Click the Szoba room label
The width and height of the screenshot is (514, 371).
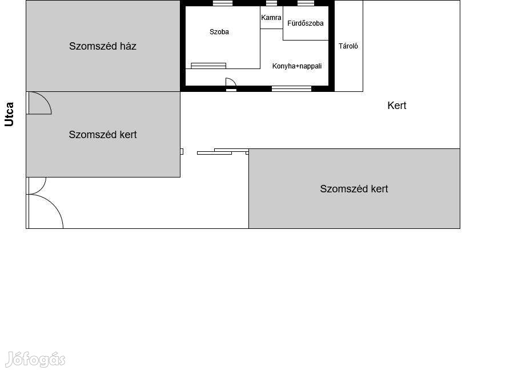[219, 32]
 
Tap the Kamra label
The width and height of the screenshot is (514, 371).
[271, 18]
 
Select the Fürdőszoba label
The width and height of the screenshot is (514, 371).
[305, 23]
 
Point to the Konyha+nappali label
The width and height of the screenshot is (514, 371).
[296, 66]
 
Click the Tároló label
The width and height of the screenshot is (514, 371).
[348, 46]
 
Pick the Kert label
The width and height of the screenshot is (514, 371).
[397, 106]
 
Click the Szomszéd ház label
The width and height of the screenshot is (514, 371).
[103, 46]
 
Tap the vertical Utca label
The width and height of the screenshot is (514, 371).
[9, 114]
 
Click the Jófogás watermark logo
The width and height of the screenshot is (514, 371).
[35, 359]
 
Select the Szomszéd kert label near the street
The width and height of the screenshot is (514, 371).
[103, 135]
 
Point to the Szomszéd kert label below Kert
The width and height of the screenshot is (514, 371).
[354, 189]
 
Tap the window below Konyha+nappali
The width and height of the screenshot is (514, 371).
[291, 88]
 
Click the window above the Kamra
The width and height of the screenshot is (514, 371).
[271, 3]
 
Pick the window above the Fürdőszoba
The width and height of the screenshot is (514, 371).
[306, 3]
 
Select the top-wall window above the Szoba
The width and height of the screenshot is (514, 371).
[223, 3]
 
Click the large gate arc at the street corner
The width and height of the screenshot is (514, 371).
[53, 204]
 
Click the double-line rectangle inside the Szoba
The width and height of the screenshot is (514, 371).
[208, 66]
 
